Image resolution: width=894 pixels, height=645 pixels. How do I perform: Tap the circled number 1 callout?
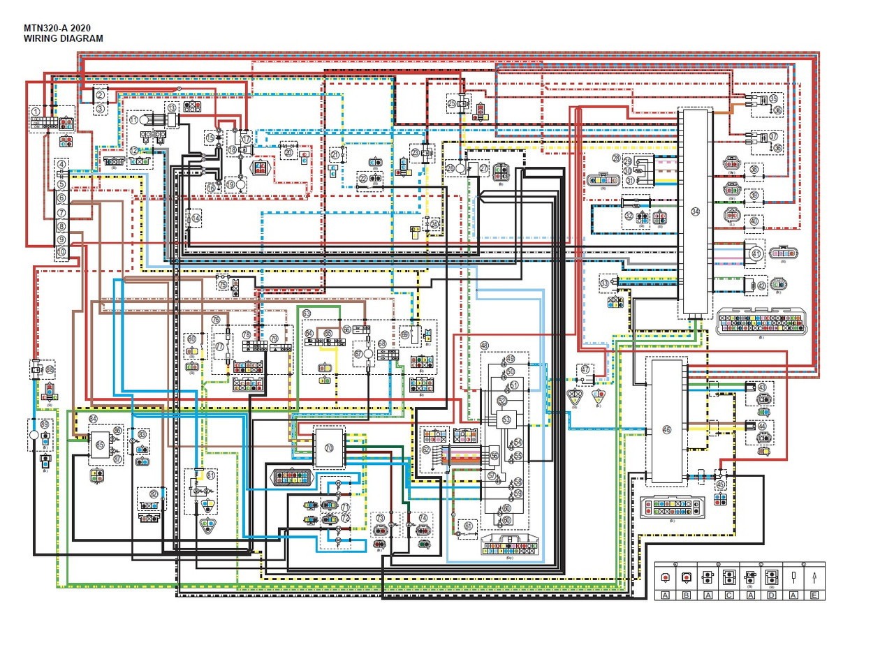click(x=35, y=112)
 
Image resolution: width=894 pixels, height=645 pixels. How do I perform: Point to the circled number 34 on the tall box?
click(x=694, y=212)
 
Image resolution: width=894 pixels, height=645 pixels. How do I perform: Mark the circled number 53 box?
click(x=506, y=419)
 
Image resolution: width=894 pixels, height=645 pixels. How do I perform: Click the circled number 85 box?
click(x=100, y=444)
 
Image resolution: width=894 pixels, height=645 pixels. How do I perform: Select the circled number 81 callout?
click(x=211, y=476)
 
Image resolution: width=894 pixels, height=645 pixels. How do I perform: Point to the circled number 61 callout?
click(x=468, y=526)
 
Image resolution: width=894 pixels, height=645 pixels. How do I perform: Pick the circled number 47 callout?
click(x=585, y=370)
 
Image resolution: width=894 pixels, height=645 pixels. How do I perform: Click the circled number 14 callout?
click(x=196, y=218)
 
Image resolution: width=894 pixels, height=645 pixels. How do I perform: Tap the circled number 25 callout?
click(x=452, y=103)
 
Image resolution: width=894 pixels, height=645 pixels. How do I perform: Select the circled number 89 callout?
click(x=45, y=424)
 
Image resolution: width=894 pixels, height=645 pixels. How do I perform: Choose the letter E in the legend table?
click(x=814, y=595)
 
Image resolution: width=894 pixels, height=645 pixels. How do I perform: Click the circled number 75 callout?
click(x=222, y=285)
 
